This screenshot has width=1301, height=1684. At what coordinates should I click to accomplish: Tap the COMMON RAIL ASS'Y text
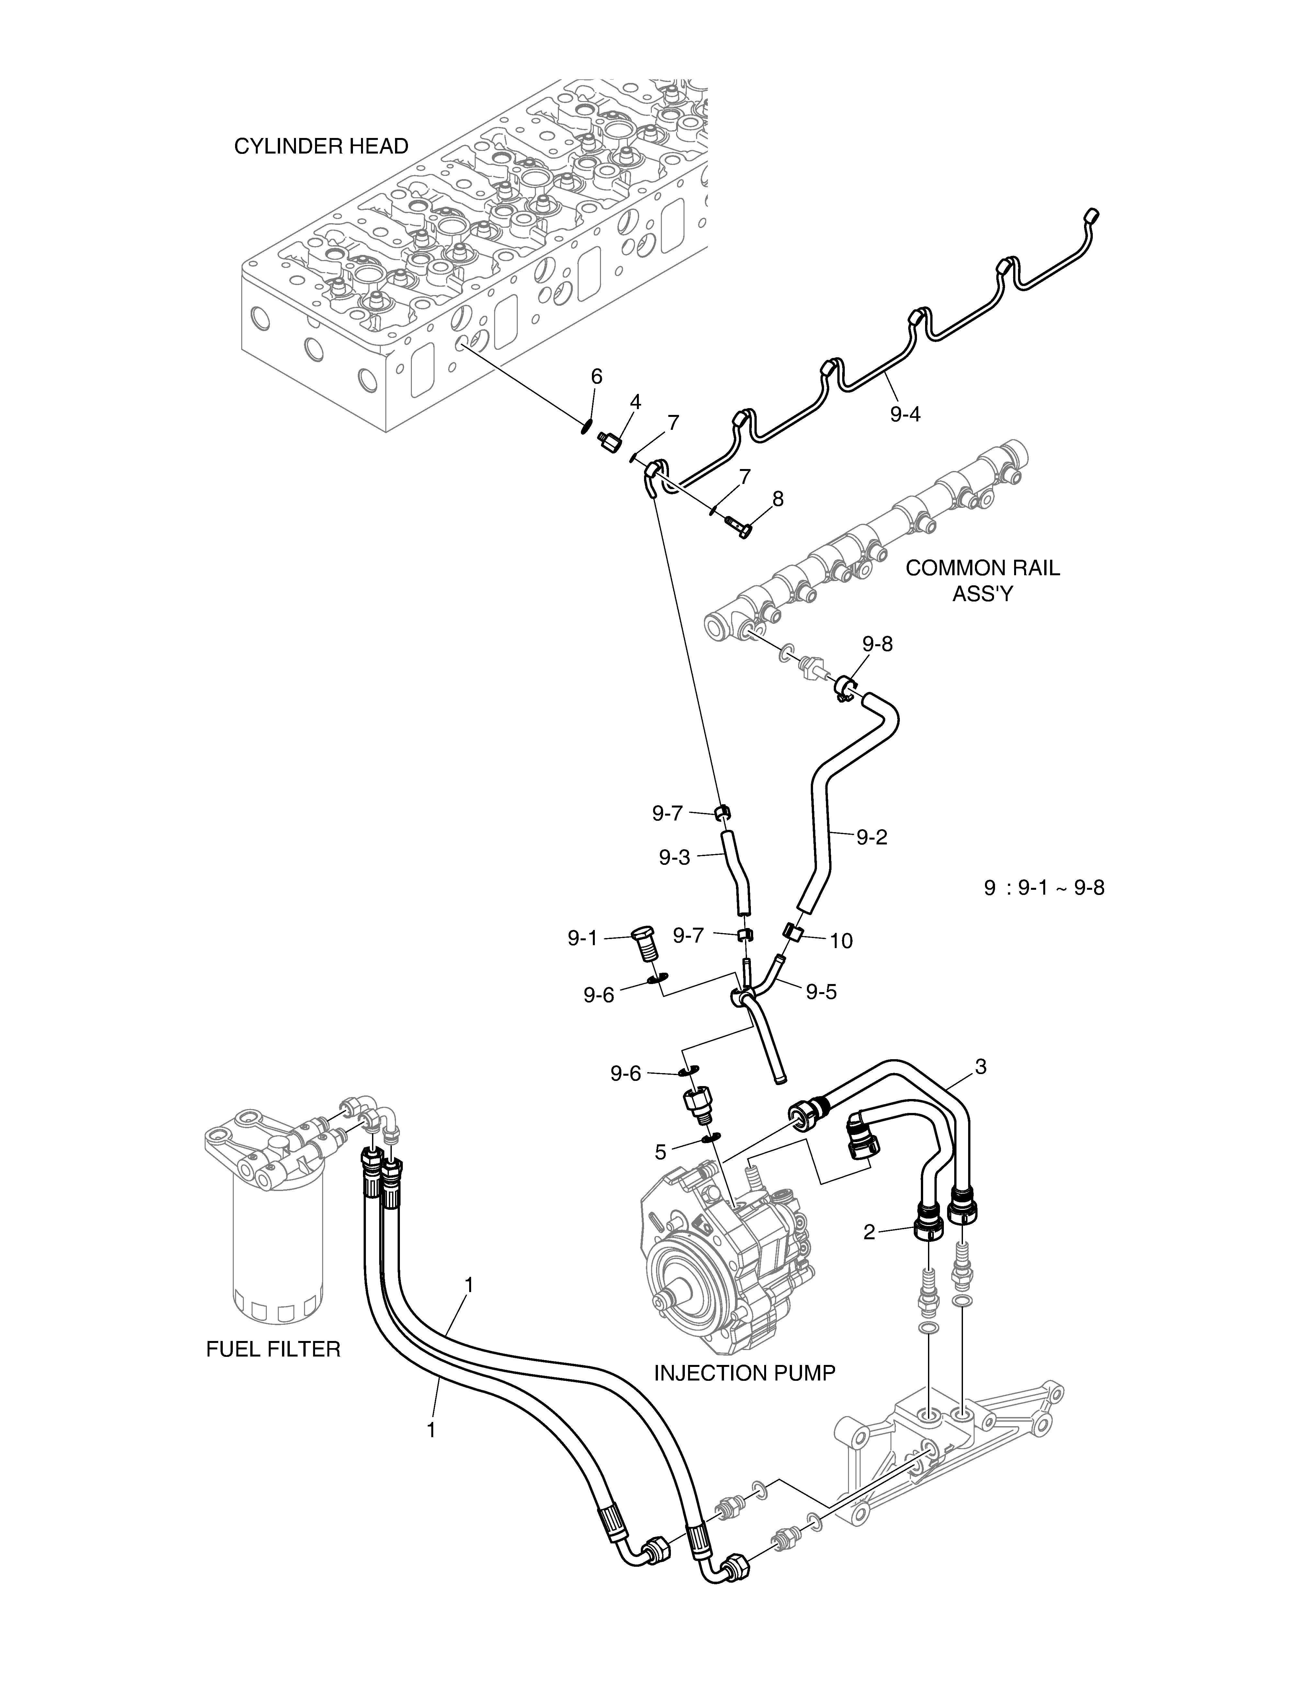tap(983, 581)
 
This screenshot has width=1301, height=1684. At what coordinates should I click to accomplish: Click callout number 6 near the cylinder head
tap(596, 376)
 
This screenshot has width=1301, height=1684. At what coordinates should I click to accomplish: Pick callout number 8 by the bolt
tap(778, 499)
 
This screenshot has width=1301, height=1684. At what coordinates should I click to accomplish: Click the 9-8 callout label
tap(878, 643)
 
